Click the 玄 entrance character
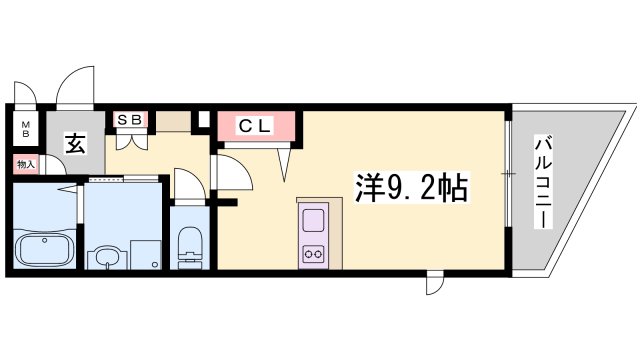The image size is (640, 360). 76,142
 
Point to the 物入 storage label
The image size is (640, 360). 25,163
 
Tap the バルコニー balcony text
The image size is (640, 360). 542,182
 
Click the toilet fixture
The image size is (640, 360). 187,246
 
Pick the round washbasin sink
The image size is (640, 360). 104,257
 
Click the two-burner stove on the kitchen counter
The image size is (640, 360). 313,253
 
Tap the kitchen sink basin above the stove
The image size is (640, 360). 313,219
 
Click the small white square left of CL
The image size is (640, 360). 203,121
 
